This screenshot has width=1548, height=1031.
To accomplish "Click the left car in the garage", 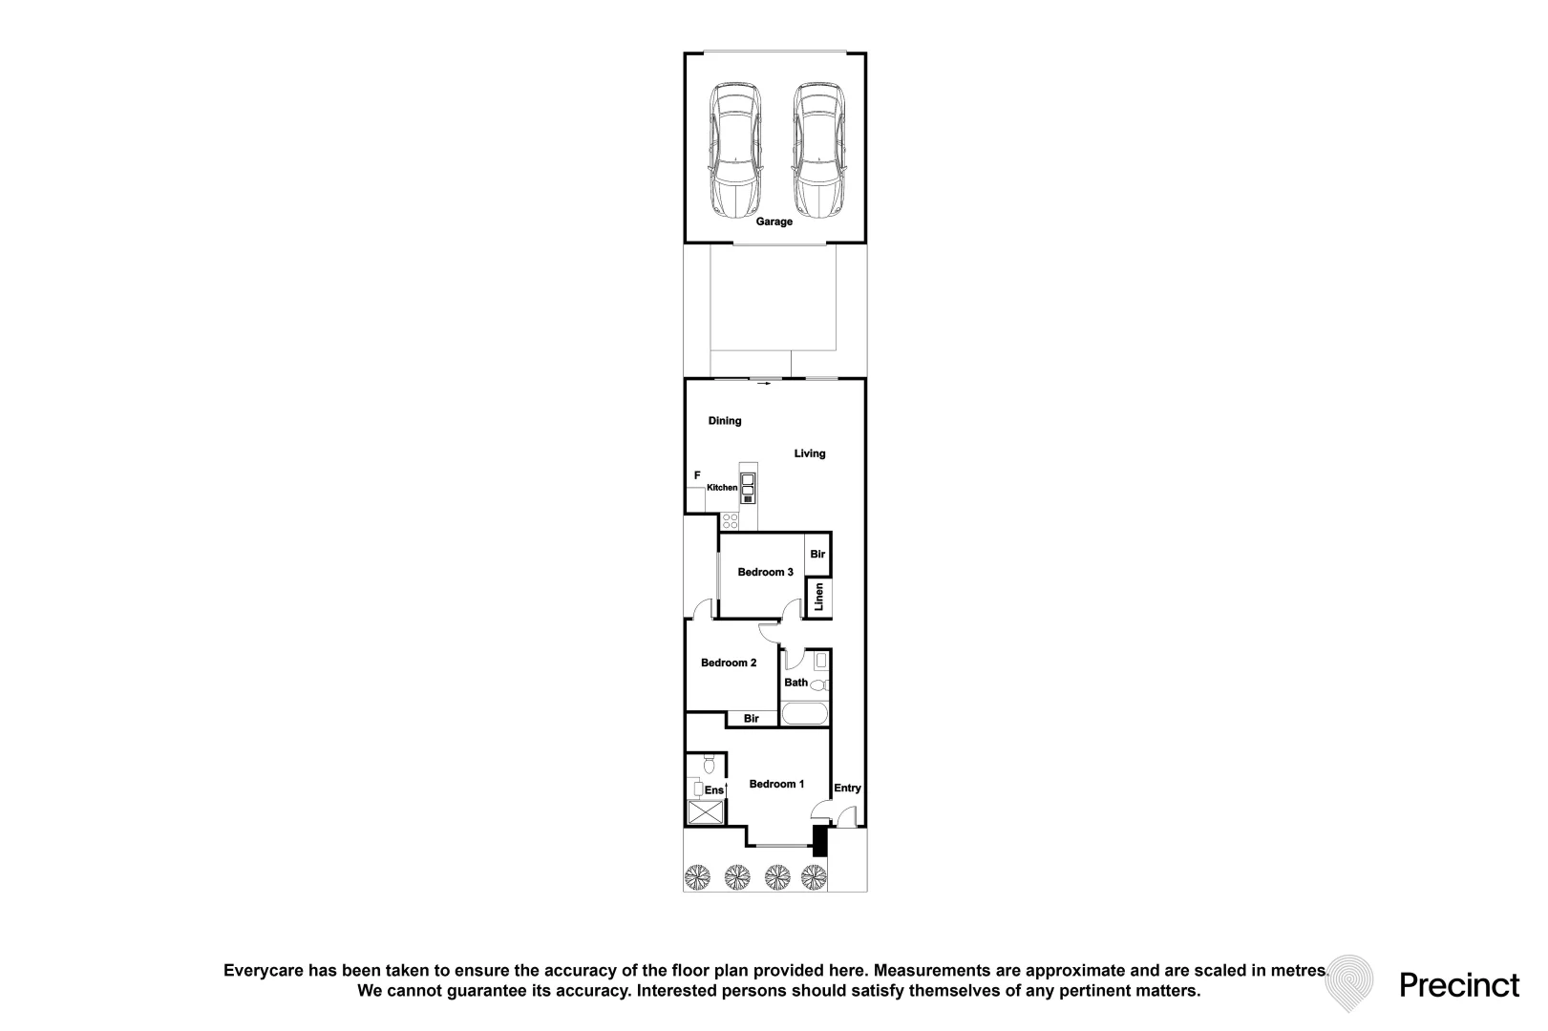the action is pos(735,150).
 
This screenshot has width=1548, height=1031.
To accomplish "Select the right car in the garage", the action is pos(819,150).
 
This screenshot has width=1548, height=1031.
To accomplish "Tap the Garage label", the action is pos(774,221).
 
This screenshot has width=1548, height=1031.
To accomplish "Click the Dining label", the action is pos(724,421).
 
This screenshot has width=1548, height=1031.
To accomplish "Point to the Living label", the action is pos(809,453).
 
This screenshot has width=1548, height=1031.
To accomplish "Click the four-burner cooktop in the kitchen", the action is pos(730,521).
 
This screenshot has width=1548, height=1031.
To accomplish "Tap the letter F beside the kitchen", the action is pos(697,475).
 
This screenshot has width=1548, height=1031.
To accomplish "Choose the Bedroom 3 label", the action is pos(765,572).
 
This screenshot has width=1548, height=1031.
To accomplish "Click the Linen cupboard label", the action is pos(819,597).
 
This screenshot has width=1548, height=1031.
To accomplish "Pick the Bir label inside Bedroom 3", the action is pos(817,555).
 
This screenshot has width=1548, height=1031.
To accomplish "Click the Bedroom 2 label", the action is pos(729,663).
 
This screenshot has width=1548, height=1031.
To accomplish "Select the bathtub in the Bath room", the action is pos(804,714).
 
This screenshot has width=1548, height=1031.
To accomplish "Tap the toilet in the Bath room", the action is pos(819,684).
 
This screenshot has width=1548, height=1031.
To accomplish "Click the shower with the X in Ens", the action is pos(706,812).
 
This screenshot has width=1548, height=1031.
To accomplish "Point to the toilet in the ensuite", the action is pos(709,765).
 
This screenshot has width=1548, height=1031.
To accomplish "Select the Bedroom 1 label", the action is pos(776,784).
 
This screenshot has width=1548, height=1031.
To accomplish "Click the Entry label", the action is pos(847,788).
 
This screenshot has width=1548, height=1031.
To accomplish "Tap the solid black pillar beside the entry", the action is pos(819,841).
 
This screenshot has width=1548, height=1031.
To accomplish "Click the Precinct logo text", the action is pos(1459,985).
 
